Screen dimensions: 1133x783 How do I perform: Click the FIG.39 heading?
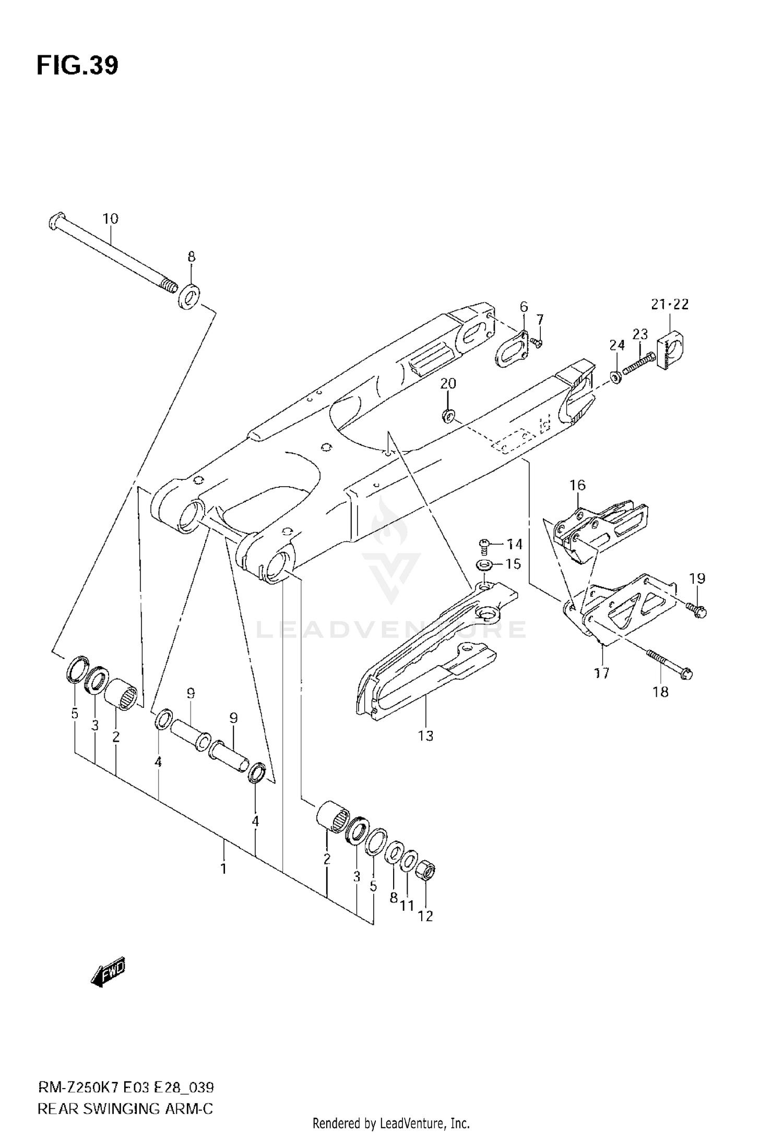[x=77, y=66]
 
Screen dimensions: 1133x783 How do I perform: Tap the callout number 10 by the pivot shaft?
[x=110, y=219]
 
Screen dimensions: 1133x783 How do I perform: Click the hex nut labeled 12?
[x=425, y=871]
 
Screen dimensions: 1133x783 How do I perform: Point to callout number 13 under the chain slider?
[x=425, y=736]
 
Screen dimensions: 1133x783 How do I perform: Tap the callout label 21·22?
[x=670, y=304]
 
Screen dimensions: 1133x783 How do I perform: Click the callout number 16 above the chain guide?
[x=577, y=485]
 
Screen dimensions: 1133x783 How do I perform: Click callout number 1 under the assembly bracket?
[x=223, y=869]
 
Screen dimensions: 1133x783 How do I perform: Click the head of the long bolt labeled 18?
[x=687, y=674]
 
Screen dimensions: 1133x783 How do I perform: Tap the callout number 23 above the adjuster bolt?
[x=640, y=334]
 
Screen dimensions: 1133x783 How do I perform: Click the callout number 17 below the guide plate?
[x=602, y=673]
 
